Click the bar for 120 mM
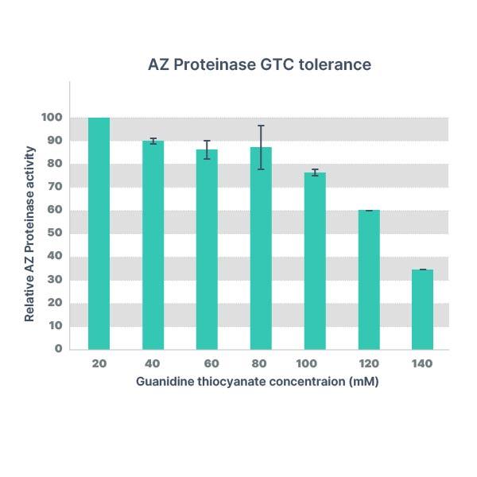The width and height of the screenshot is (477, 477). (x=369, y=279)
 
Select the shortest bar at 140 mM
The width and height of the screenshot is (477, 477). (x=422, y=309)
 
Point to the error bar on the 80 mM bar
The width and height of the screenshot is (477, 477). (x=261, y=147)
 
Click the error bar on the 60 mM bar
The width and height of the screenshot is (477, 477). (x=207, y=149)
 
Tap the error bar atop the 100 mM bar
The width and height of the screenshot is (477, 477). (x=315, y=173)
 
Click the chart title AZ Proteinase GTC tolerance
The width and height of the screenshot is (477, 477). (x=259, y=64)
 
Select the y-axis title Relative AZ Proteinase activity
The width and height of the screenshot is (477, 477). (x=29, y=234)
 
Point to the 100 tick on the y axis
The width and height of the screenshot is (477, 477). (x=52, y=118)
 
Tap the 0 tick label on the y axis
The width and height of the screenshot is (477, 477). (x=58, y=348)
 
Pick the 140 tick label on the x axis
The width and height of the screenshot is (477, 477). (x=422, y=363)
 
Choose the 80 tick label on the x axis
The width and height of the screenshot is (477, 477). (x=261, y=363)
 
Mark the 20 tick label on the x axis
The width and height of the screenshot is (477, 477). (x=99, y=363)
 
